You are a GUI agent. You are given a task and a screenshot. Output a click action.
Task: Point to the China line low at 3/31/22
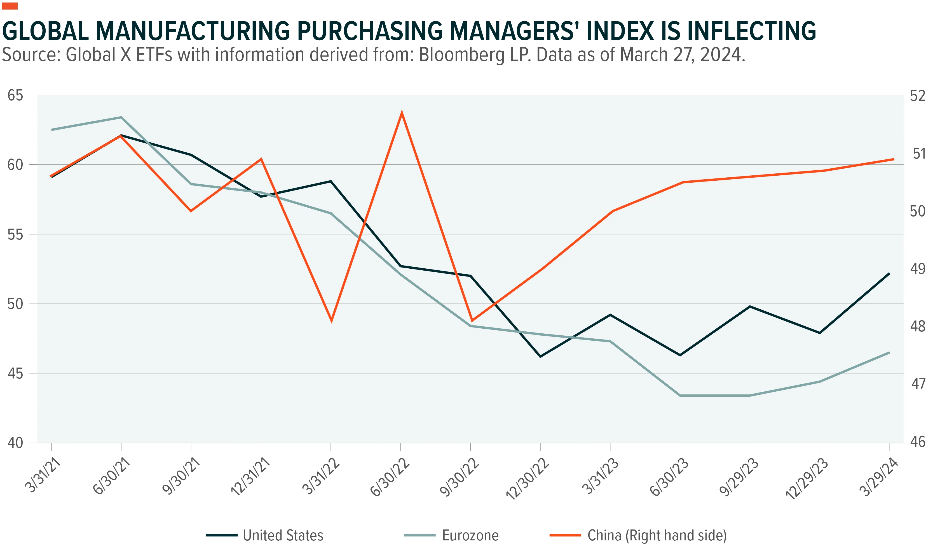pyautogui.click(x=331, y=321)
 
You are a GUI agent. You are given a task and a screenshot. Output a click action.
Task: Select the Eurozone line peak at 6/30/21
pyautogui.click(x=121, y=117)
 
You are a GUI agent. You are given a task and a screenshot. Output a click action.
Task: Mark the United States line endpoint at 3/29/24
pyautogui.click(x=889, y=273)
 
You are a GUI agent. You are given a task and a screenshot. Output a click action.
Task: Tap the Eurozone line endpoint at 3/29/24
pyautogui.click(x=889, y=352)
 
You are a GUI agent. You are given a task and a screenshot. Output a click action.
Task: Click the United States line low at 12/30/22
pyautogui.click(x=540, y=357)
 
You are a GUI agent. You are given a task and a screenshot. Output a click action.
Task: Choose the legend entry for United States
pyautogui.click(x=265, y=535)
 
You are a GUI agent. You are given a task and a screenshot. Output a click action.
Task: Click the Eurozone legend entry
pyautogui.click(x=451, y=535)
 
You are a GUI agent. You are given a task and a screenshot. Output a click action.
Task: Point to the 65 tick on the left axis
pyautogui.click(x=15, y=96)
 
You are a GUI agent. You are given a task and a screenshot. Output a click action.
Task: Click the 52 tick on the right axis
pyautogui.click(x=917, y=96)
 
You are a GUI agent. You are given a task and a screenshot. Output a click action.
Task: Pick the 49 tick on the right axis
pyautogui.click(x=917, y=269)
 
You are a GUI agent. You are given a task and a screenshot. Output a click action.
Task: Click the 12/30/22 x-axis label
pyautogui.click(x=527, y=479)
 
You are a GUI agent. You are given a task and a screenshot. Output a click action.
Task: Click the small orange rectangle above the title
pyautogui.click(x=10, y=6)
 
